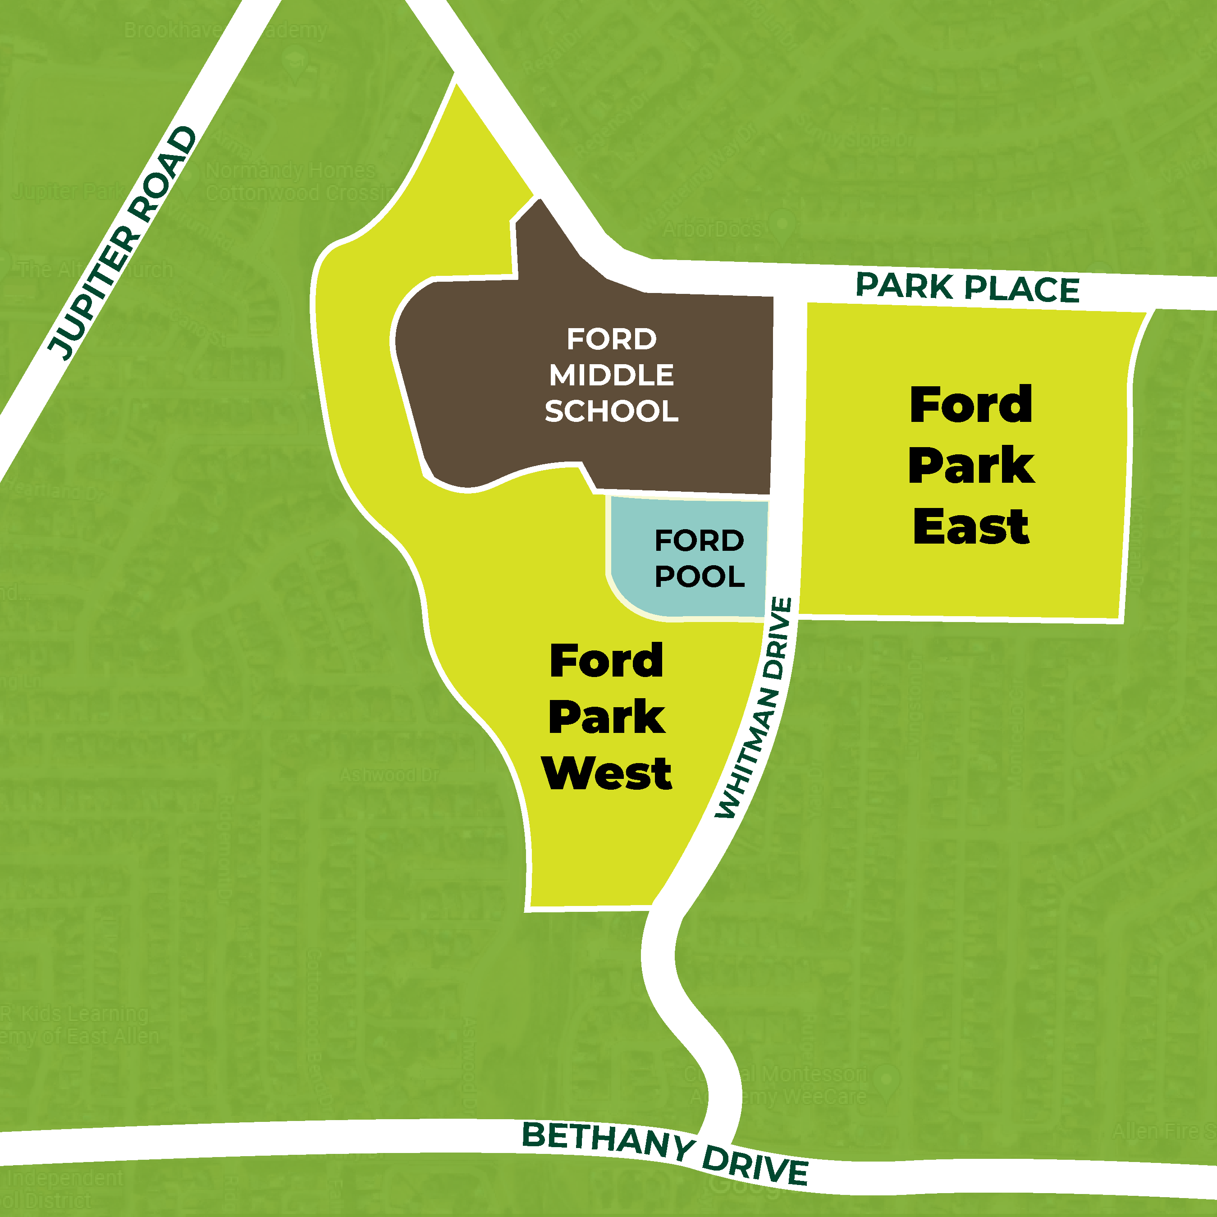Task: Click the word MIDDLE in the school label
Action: (x=611, y=375)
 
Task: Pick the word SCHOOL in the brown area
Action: (x=611, y=412)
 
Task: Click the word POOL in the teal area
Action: (x=699, y=576)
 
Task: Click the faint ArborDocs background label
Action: (x=712, y=229)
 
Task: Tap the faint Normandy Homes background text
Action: (x=290, y=171)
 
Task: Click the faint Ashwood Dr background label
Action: (x=389, y=775)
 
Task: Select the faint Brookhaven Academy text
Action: (x=225, y=30)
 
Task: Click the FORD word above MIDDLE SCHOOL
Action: (x=611, y=339)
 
